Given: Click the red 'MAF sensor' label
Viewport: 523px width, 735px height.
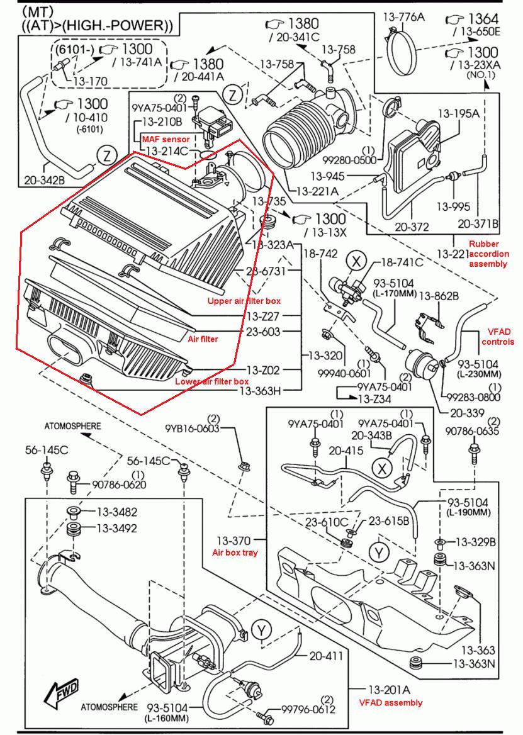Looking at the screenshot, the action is tap(166, 138).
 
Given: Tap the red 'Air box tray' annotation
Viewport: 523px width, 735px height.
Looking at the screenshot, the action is tap(235, 552).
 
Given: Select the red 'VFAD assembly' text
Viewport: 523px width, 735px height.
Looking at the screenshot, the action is tap(390, 703).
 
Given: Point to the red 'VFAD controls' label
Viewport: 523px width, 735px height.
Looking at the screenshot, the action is tap(498, 337).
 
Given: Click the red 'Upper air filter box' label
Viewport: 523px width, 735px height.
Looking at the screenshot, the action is tap(244, 300).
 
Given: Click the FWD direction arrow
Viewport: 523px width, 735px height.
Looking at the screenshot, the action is tap(62, 692).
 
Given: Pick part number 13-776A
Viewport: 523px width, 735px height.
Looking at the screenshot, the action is tap(404, 17).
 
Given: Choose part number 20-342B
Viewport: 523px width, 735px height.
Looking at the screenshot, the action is tap(45, 179).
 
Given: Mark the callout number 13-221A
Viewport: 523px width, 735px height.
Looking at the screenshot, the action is tap(318, 191).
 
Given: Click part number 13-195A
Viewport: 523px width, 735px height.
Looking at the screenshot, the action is tap(459, 113).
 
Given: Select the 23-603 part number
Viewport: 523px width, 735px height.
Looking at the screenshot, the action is tap(263, 332).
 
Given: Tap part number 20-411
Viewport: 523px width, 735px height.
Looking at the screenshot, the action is tap(326, 655).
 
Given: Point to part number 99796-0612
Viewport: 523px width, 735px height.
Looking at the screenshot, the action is tap(308, 709).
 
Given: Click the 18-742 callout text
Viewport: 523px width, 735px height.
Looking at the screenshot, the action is tap(320, 254).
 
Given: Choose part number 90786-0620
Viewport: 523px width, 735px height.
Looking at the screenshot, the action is tap(119, 484).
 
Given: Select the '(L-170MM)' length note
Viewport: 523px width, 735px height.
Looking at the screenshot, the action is tap(395, 294).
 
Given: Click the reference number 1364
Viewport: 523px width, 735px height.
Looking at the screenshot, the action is tap(483, 19).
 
